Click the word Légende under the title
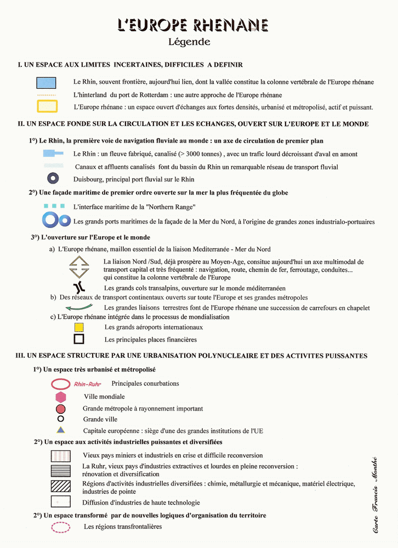pos(189,41)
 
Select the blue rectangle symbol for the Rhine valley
pos(47,82)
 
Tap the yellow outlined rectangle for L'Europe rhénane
pos(47,106)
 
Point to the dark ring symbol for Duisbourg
pos(53,178)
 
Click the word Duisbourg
pos(89,179)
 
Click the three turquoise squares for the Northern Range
pos(54,206)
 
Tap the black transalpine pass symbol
pos(79,288)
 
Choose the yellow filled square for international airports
pos(79,327)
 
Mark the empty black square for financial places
pos(79,339)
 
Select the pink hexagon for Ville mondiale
pos(60,397)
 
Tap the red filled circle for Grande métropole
pos(61,409)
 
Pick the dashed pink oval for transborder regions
pos(60,527)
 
